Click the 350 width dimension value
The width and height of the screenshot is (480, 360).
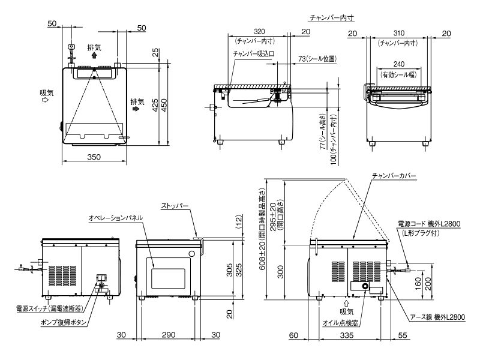(94, 157)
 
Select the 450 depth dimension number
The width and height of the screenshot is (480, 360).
(164, 105)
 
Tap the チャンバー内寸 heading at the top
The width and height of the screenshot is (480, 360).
(332, 17)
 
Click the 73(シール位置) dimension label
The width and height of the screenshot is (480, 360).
(317, 58)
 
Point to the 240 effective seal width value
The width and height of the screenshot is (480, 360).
(399, 64)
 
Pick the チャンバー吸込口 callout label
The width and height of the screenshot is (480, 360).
(253, 53)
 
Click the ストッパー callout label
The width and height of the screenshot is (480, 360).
(175, 206)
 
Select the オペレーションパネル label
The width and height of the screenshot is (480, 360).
(115, 218)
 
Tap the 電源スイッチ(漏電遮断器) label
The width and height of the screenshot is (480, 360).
(49, 308)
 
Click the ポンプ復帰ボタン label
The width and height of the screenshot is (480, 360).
(64, 322)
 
